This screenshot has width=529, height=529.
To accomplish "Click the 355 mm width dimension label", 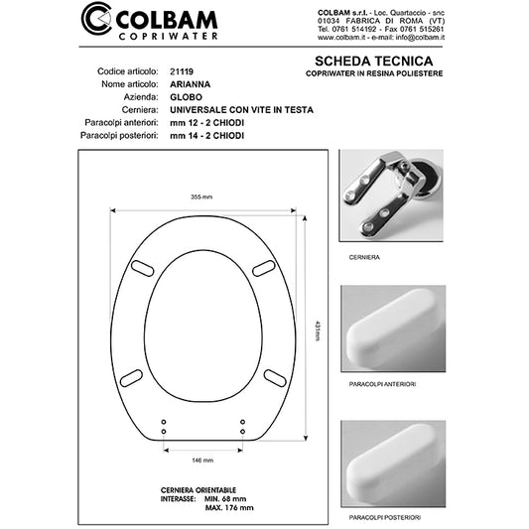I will (204, 198).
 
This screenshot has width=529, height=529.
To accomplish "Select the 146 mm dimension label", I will (202, 462).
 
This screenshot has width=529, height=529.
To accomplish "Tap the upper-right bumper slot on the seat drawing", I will (267, 265).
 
